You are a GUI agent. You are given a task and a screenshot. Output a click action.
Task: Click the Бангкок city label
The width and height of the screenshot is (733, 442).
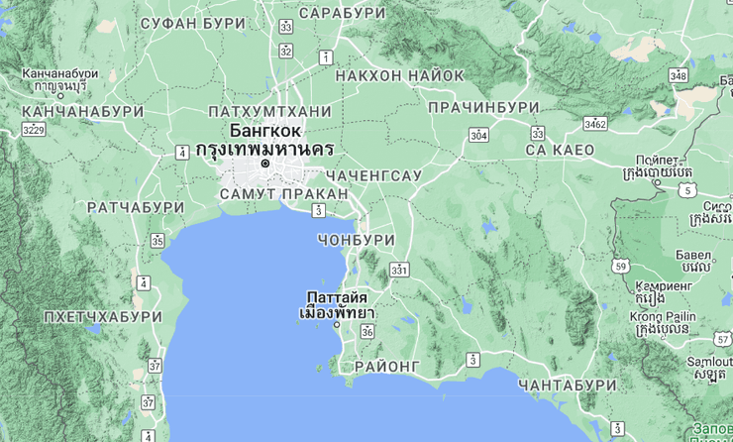265,130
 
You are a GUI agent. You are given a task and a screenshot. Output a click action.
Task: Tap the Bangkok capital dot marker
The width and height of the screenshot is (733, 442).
264,164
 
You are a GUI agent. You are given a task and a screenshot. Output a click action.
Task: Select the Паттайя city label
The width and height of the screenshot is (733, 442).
337,297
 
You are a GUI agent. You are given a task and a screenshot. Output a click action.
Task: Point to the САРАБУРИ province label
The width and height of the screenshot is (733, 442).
342,13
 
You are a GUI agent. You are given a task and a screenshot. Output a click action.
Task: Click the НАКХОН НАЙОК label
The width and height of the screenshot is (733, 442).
400,75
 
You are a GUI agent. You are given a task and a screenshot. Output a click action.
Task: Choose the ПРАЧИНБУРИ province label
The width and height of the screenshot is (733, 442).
484,107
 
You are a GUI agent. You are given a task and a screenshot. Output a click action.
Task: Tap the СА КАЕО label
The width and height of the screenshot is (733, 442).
561,150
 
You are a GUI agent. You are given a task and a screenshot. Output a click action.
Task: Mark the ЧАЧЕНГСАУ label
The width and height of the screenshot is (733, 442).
374,175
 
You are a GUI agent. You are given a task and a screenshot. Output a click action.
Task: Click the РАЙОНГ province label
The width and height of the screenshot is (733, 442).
386,366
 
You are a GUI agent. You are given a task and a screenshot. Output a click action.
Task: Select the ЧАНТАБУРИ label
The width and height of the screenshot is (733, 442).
568,385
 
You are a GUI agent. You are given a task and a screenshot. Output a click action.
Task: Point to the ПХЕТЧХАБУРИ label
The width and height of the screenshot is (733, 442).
103,316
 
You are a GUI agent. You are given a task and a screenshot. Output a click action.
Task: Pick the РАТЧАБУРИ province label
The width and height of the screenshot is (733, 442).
136,207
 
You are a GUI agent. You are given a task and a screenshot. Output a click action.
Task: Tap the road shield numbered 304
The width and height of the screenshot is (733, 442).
479,135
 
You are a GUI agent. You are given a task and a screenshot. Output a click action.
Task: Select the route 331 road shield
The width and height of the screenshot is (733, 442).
399,269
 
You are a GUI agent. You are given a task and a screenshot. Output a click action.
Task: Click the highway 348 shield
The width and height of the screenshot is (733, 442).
679,75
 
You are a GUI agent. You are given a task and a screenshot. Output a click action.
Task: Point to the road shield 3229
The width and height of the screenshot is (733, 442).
35,129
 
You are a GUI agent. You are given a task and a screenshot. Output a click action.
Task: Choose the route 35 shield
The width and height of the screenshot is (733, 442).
157,241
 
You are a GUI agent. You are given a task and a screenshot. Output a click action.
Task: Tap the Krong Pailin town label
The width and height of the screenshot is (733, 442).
662,316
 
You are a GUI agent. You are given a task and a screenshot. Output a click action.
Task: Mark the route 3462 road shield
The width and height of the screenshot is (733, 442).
595,124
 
